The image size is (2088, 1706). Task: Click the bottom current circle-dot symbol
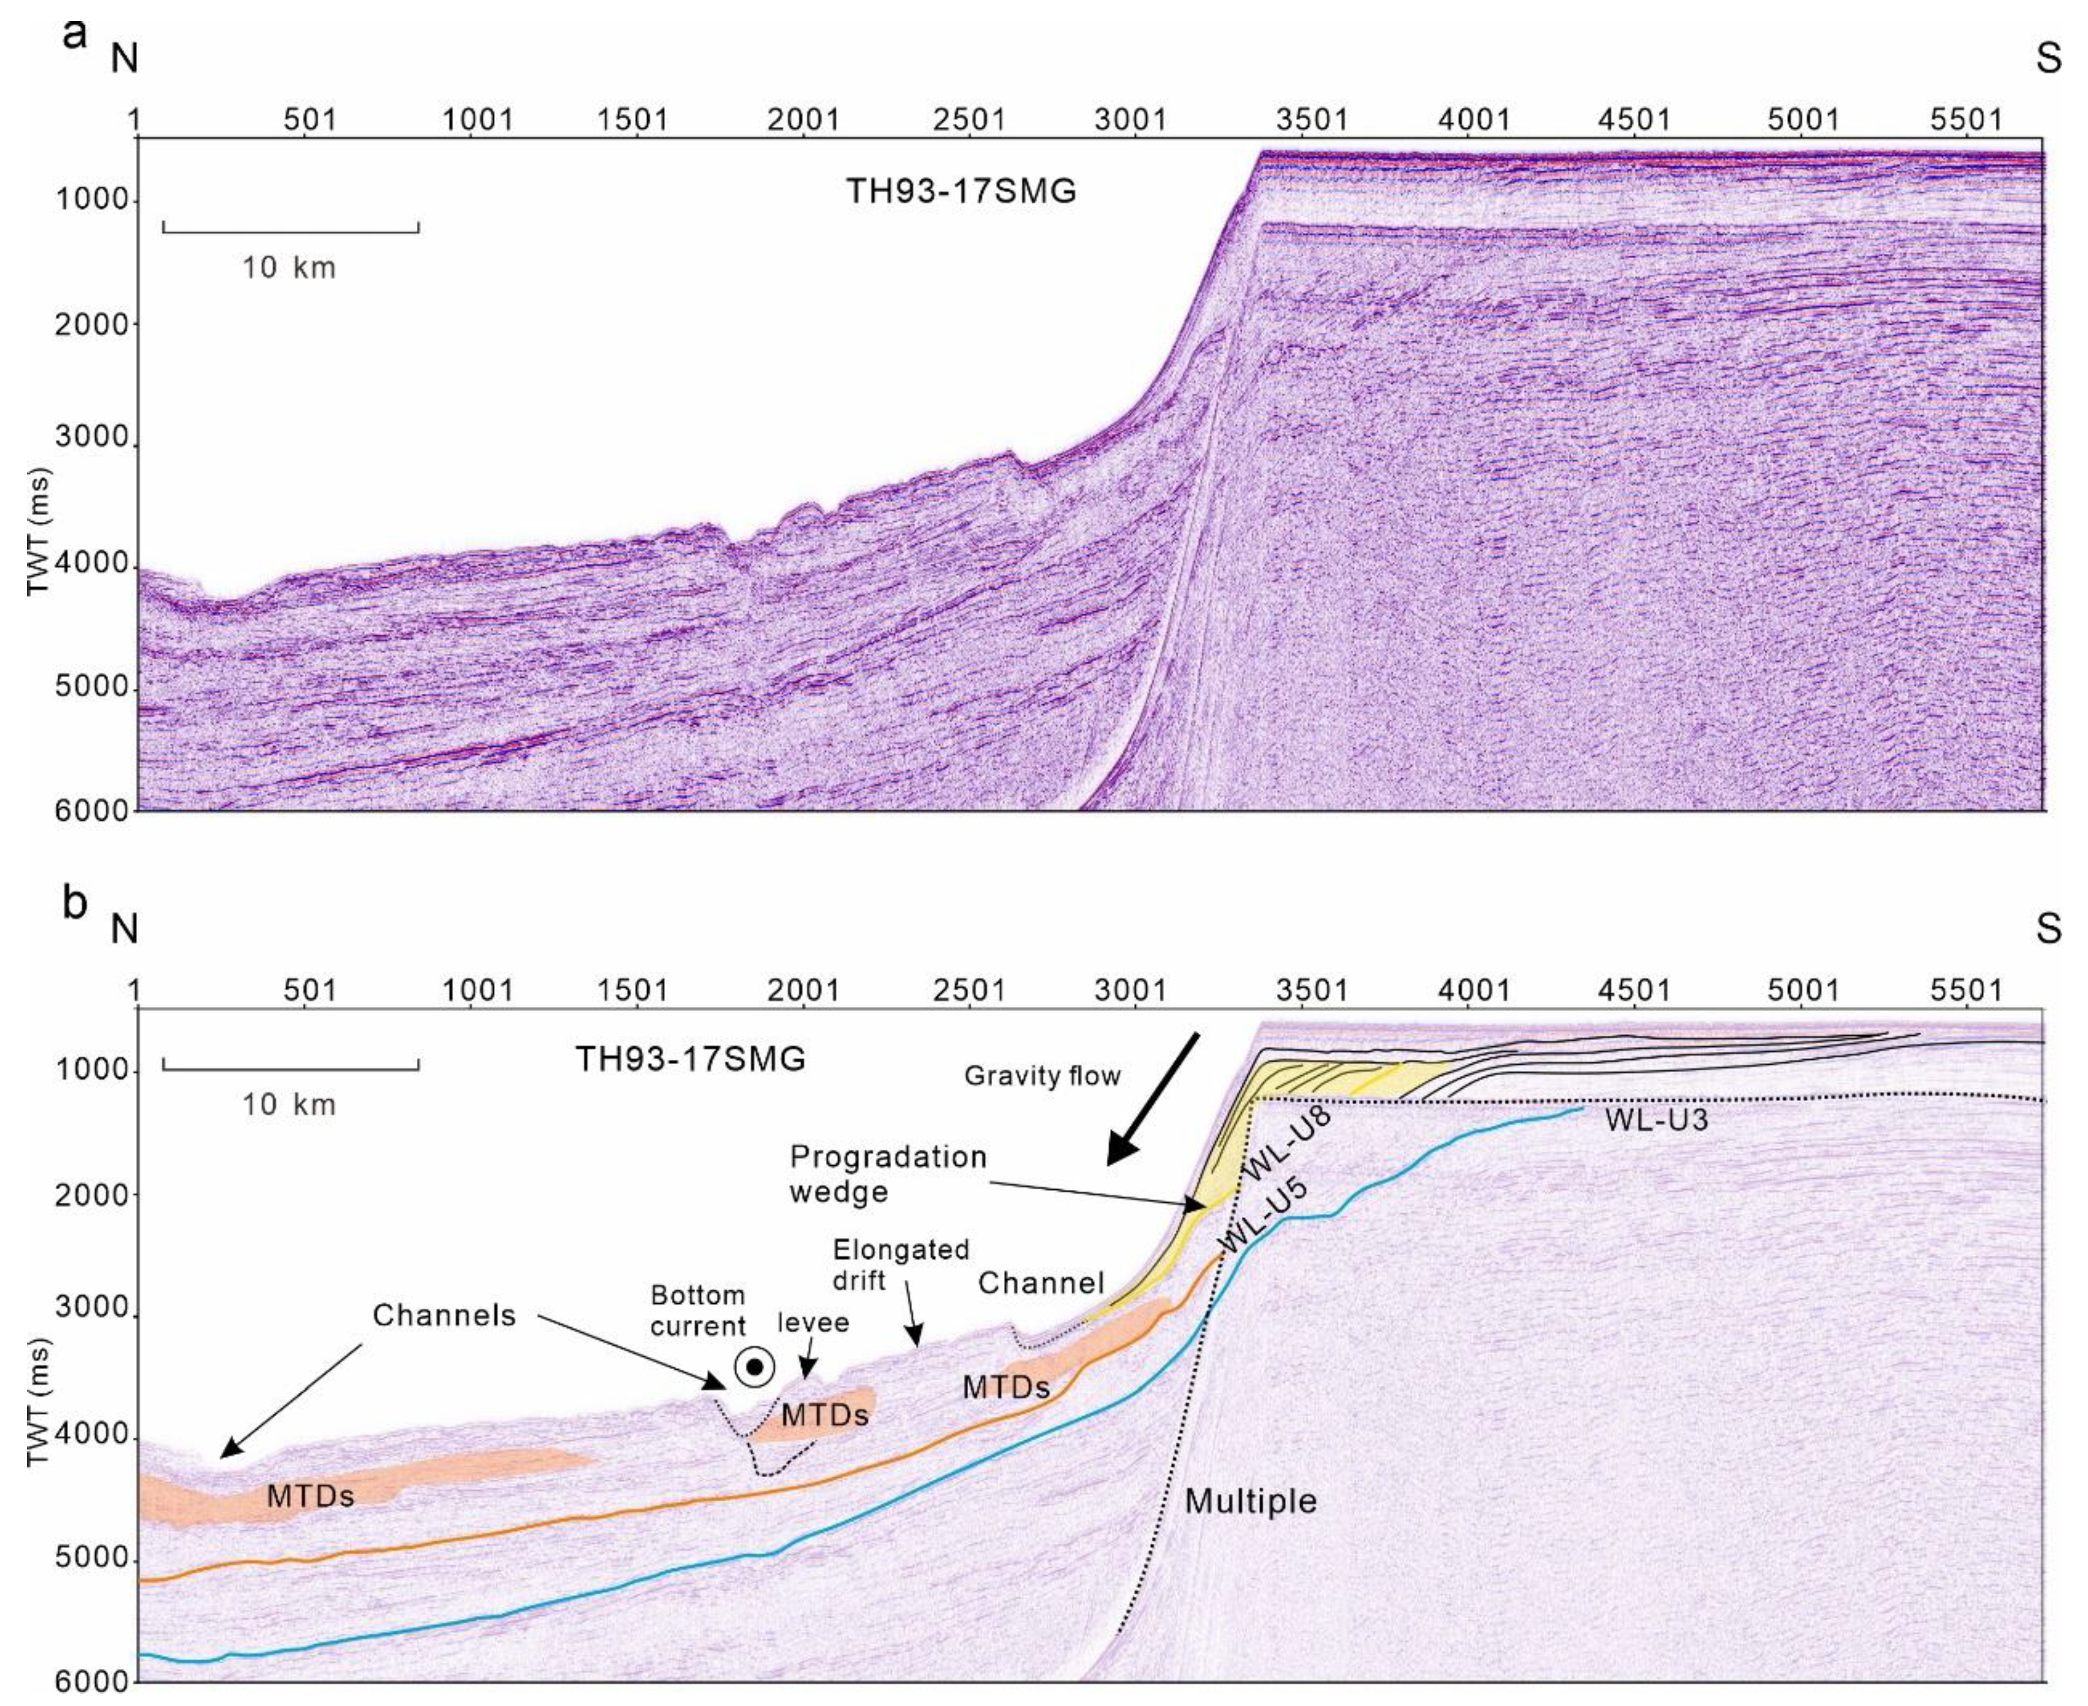click(755, 1367)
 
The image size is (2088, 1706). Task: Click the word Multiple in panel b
click(1250, 1501)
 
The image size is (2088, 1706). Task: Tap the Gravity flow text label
click(1042, 1076)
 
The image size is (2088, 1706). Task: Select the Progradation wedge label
click(888, 1173)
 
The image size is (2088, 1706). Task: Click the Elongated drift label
click(901, 1265)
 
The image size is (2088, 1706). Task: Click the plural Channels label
click(444, 1315)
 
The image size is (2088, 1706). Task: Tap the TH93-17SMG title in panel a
click(961, 190)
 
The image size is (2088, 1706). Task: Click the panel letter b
click(75, 904)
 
